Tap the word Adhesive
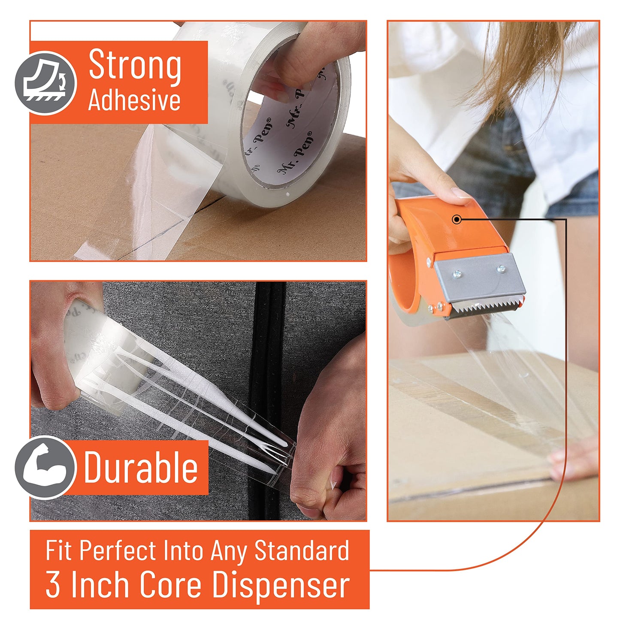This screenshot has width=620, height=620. (x=134, y=100)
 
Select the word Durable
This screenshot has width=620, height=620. (x=141, y=467)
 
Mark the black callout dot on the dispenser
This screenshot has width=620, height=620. (x=457, y=220)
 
